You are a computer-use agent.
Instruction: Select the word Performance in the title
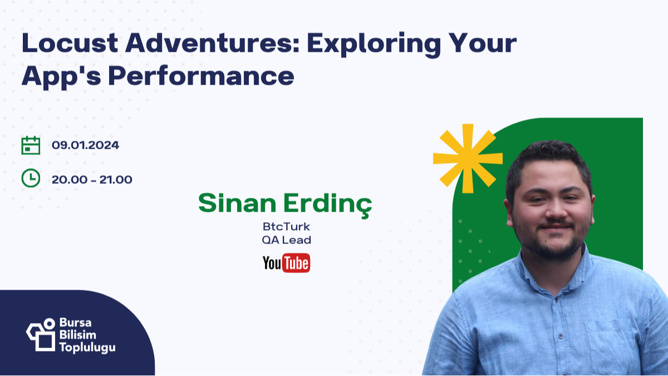pos(201,76)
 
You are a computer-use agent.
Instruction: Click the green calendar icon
pos(31,145)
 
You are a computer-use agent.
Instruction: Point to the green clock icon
pos(31,178)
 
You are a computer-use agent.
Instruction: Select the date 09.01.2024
pos(85,145)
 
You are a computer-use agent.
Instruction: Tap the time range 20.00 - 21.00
pos(92,179)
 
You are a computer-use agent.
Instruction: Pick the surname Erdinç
pos(327,204)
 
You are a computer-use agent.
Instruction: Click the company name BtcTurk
pos(286,227)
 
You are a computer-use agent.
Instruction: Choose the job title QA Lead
pos(286,240)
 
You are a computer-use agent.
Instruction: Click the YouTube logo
pos(286,263)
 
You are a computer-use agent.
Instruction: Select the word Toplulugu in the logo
pos(87,348)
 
